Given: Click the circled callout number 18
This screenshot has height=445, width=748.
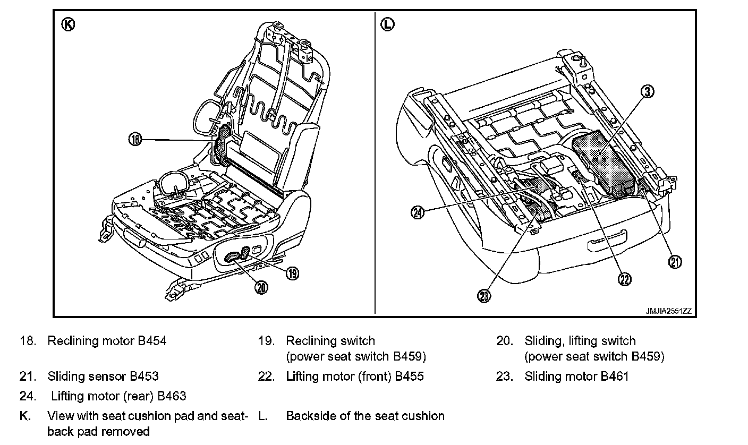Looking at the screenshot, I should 135,140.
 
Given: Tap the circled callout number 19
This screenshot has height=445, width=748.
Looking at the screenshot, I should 292,273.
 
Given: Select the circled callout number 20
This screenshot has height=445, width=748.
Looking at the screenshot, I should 261,287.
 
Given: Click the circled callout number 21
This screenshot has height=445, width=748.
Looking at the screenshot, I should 675,262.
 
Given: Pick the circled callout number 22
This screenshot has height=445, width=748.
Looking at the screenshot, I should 625,279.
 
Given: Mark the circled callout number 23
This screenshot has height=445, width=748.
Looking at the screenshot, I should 484,296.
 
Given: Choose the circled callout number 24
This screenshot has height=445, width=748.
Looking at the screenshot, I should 418,212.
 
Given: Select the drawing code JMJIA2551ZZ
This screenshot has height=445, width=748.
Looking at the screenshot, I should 668,311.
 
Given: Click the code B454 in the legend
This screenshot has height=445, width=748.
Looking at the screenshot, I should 152,341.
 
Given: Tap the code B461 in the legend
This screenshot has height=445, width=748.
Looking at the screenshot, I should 615,376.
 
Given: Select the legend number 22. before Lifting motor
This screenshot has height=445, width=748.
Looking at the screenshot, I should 267,376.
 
